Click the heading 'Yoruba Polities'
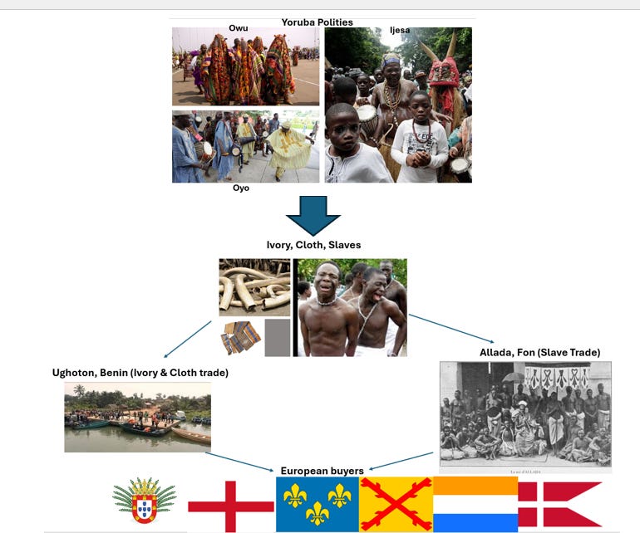coord(317,22)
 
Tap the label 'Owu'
coord(239,28)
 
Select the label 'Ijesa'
coord(400,30)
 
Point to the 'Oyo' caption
coord(240,188)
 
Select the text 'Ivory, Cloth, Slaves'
coord(313,244)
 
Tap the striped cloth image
coord(241,338)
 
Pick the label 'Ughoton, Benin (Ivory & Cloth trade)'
coord(140,373)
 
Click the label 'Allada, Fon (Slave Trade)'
coord(539,353)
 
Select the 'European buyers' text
coord(322,471)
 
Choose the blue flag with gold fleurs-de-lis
coord(317,504)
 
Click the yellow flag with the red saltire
coord(396,504)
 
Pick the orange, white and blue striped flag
coord(475,504)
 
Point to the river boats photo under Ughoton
coord(137,417)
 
